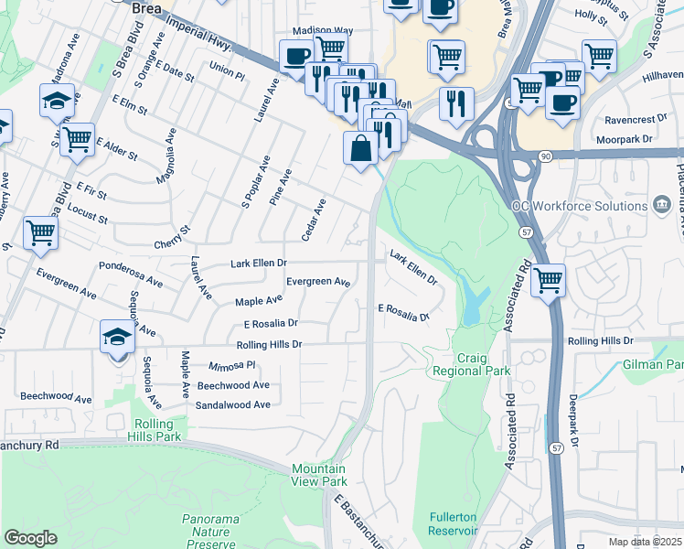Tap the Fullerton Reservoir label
454,523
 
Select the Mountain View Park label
319,475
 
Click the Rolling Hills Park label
159,430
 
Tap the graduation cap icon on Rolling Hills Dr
117,338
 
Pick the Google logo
30,538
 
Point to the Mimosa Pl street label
232,364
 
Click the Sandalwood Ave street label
233,404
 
